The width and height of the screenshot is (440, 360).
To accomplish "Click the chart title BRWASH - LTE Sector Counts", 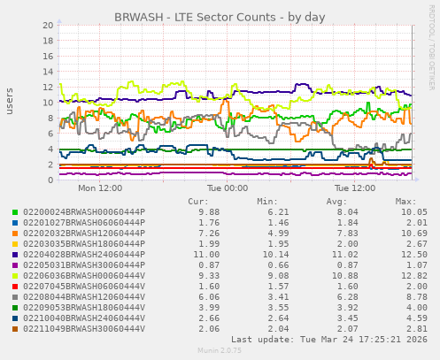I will (x=220, y=17).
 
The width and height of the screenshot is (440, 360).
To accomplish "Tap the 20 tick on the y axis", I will (x=47, y=26).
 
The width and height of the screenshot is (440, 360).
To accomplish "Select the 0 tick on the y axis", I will (x=50, y=180).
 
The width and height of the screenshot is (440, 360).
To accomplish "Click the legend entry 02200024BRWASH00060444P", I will (x=83, y=212).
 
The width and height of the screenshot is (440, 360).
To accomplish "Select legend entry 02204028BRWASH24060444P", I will (x=83, y=253).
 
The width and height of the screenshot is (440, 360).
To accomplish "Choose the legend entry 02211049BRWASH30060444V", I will (x=83, y=328).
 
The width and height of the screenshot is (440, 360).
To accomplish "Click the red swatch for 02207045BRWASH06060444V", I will (x=15, y=287).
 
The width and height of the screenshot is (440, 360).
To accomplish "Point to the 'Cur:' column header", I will (x=198, y=202).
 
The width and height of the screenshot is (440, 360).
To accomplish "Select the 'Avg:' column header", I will (x=336, y=202).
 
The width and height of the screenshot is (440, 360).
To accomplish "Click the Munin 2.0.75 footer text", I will (x=220, y=351).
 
